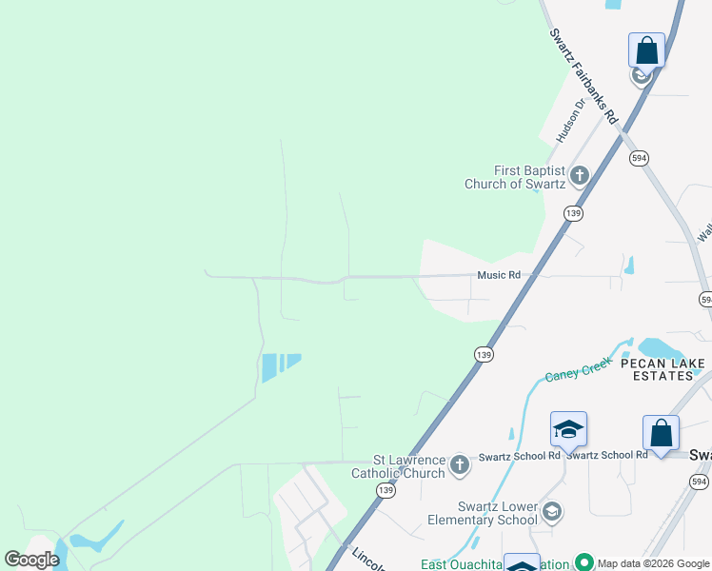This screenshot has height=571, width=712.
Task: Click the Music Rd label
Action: pyautogui.click(x=500, y=275)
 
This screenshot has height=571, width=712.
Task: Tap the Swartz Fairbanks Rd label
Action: pyautogui.click(x=583, y=74)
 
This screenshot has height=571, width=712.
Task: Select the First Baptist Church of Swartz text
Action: pyautogui.click(x=514, y=177)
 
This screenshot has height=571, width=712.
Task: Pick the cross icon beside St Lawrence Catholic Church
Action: pyautogui.click(x=460, y=465)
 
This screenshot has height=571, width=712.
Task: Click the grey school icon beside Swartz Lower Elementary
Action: pyautogui.click(x=551, y=513)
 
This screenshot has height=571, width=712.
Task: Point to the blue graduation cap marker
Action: pyautogui.click(x=568, y=430)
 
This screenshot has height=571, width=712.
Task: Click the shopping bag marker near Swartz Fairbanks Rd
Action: pyautogui.click(x=646, y=51)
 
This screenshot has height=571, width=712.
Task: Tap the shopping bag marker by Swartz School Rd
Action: pyautogui.click(x=661, y=434)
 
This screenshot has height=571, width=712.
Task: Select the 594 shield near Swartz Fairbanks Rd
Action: pyautogui.click(x=639, y=158)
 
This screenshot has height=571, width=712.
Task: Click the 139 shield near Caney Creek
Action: pyautogui.click(x=484, y=354)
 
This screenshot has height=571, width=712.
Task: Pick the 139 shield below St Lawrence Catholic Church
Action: pyautogui.click(x=385, y=490)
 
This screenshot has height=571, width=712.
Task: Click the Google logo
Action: pyautogui.click(x=32, y=560)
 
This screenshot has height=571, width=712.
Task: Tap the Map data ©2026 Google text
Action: pyautogui.click(x=653, y=563)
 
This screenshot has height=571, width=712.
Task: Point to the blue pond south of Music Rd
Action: pyautogui.click(x=279, y=365)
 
